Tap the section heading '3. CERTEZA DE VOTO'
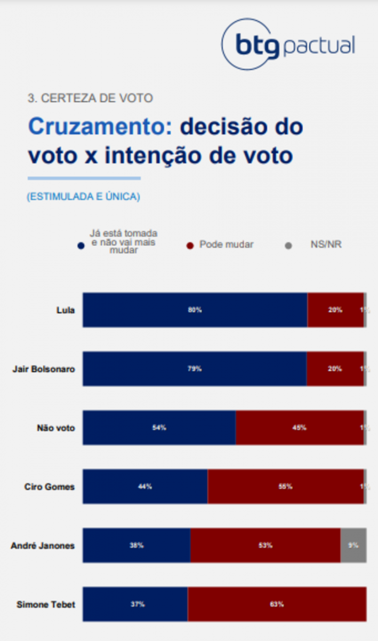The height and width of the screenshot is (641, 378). pos(90,98)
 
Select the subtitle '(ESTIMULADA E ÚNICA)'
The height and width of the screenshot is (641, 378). pos(83,197)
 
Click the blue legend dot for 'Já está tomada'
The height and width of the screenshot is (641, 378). pos(81,246)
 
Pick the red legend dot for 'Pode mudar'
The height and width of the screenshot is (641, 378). pos(189,246)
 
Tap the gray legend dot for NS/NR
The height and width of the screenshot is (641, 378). pos(288,246)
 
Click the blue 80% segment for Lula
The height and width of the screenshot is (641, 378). pos(195,310)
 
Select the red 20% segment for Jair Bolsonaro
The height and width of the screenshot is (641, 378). pos(335,369)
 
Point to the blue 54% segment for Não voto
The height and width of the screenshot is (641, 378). pos(159,427)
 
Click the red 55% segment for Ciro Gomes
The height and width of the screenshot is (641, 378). pos(286,487)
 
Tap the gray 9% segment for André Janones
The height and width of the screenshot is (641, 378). pos(353,545)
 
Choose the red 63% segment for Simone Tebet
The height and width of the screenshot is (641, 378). pos(277,604)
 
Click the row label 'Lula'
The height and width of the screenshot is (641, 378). pos(65,310)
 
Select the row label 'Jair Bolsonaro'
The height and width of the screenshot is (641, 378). pos(44,369)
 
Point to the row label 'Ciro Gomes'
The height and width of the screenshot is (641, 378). pos(50,487)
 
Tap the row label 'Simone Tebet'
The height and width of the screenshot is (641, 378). pos(46,605)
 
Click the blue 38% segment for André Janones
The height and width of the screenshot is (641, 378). pos(136,545)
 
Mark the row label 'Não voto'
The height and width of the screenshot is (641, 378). pos(56,428)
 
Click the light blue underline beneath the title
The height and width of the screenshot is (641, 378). pos(84,178)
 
